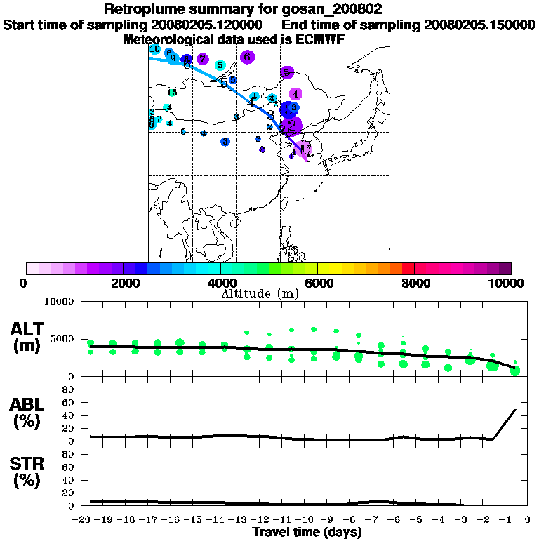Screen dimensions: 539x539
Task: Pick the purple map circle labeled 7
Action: click(x=202, y=59)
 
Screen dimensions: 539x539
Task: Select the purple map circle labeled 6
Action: click(x=246, y=57)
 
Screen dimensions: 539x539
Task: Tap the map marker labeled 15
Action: click(x=171, y=93)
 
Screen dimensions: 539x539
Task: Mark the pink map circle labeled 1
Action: click(x=303, y=149)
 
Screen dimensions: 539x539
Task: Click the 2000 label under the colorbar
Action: click(x=124, y=283)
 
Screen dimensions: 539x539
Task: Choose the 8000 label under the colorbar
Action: click(x=415, y=283)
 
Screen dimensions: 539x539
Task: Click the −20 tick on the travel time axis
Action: click(x=84, y=520)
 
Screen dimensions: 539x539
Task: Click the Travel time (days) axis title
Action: click(x=306, y=532)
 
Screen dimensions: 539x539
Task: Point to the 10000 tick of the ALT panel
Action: click(x=59, y=302)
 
